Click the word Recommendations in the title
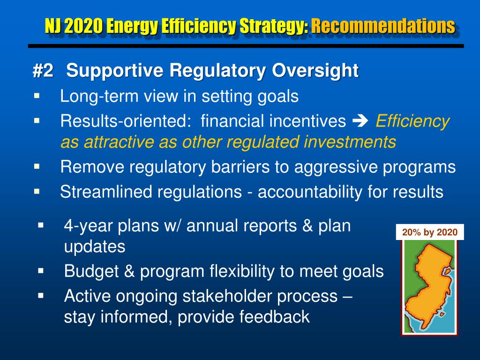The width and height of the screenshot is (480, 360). [383, 26]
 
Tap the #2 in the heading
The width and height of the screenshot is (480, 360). [43, 71]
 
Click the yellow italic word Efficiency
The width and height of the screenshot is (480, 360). [412, 121]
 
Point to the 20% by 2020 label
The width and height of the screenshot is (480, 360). [429, 232]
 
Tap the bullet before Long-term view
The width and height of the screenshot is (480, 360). [37, 96]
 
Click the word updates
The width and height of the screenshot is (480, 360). [94, 247]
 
